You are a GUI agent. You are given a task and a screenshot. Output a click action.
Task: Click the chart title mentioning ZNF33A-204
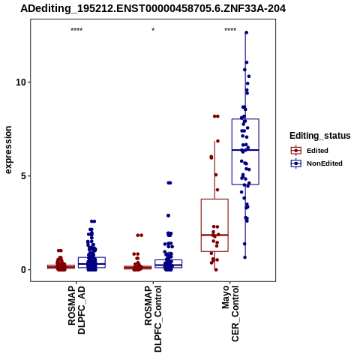pos(153,8)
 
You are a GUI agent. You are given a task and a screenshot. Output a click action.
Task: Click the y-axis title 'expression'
pos(8,150)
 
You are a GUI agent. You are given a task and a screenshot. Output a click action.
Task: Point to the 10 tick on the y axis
pos(20,82)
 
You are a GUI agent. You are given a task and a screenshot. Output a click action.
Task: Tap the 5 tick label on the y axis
pos(22,176)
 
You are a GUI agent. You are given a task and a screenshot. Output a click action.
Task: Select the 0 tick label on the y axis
pos(22,270)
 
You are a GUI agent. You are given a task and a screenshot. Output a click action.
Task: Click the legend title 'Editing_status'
pos(320,136)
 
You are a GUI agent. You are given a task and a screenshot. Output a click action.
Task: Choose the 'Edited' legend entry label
pos(317,151)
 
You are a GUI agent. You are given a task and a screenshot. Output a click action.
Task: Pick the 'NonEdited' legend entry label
pos(325,163)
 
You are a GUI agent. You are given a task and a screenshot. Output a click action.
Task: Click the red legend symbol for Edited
pos(296,151)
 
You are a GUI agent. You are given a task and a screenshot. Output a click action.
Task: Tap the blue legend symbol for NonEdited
pos(296,163)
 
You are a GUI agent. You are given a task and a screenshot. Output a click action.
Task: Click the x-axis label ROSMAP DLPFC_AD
pos(76,310)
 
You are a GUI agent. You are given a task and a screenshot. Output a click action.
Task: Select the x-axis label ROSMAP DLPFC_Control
pos(153,319)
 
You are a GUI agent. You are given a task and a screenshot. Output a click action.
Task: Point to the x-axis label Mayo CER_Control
pos(230,314)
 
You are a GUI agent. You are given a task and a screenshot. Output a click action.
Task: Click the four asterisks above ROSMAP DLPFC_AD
pos(76,30)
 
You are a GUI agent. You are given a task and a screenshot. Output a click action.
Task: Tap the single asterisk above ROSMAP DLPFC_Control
pos(153,30)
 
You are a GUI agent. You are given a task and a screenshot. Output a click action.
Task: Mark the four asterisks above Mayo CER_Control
pos(230,30)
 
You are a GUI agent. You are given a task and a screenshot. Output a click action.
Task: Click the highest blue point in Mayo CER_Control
pos(246,32)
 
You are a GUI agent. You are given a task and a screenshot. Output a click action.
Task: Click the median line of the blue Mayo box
pos(245,150)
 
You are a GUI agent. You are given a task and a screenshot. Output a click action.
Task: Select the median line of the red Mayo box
pos(214,235)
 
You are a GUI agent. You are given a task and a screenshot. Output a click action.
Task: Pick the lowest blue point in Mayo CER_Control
pos(244,257)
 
